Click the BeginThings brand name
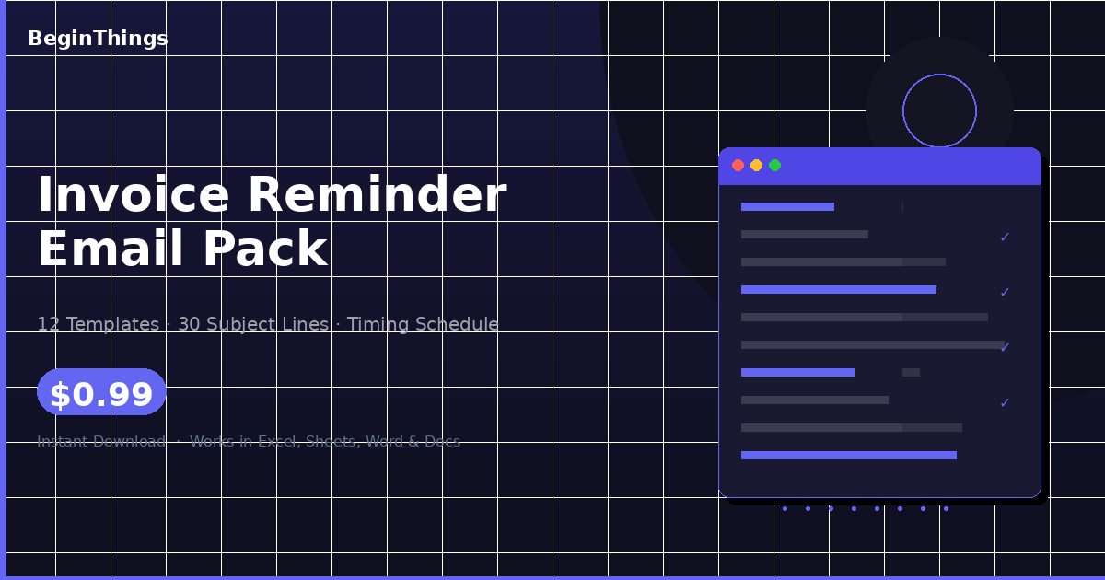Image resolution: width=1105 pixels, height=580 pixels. [x=98, y=39]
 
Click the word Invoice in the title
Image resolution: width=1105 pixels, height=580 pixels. [x=133, y=195]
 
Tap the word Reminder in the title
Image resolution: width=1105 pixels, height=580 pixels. [x=377, y=195]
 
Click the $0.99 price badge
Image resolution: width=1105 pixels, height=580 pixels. [x=101, y=394]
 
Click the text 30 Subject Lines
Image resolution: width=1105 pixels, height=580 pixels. [x=253, y=324]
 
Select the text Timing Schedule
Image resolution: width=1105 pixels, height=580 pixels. [x=423, y=324]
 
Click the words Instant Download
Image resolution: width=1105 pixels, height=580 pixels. [x=101, y=442]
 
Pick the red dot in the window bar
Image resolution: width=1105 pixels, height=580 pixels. [x=738, y=166]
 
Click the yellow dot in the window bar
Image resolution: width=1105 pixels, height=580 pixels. [x=756, y=166]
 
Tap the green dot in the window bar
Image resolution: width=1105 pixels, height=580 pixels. [x=774, y=166]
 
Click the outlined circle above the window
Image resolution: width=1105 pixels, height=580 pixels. [x=939, y=110]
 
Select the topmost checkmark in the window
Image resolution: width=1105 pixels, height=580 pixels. [x=1005, y=238]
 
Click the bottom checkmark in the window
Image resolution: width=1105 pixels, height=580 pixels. [x=1005, y=403]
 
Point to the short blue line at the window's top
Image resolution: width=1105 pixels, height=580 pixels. [x=787, y=207]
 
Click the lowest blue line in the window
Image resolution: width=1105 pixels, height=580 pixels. [x=848, y=456]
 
